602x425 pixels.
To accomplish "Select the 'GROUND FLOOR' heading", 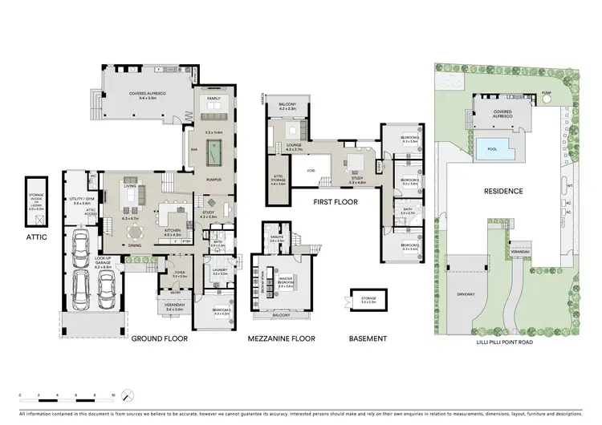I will pyautogui.click(x=159, y=339).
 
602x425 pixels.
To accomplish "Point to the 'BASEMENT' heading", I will pyautogui.click(x=368, y=339).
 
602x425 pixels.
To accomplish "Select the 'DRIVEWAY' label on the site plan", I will pyautogui.click(x=466, y=294).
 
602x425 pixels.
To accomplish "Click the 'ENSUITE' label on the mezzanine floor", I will pyautogui.click(x=277, y=238).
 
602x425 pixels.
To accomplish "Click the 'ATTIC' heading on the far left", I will pyautogui.click(x=37, y=237).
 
